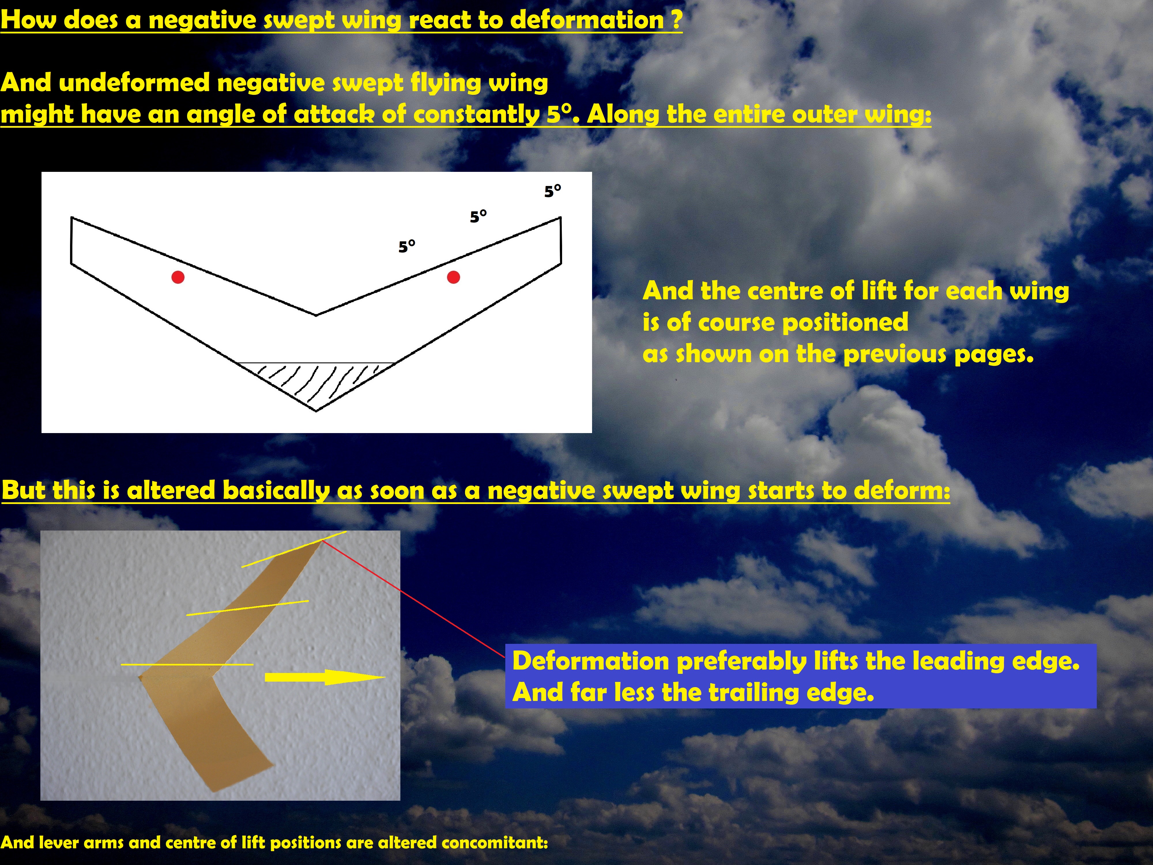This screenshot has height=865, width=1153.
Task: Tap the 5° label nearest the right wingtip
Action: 553,191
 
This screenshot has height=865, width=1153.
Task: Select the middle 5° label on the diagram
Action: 478,216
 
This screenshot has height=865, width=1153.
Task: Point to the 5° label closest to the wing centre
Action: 406,246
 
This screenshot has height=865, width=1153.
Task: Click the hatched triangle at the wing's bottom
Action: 316,383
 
